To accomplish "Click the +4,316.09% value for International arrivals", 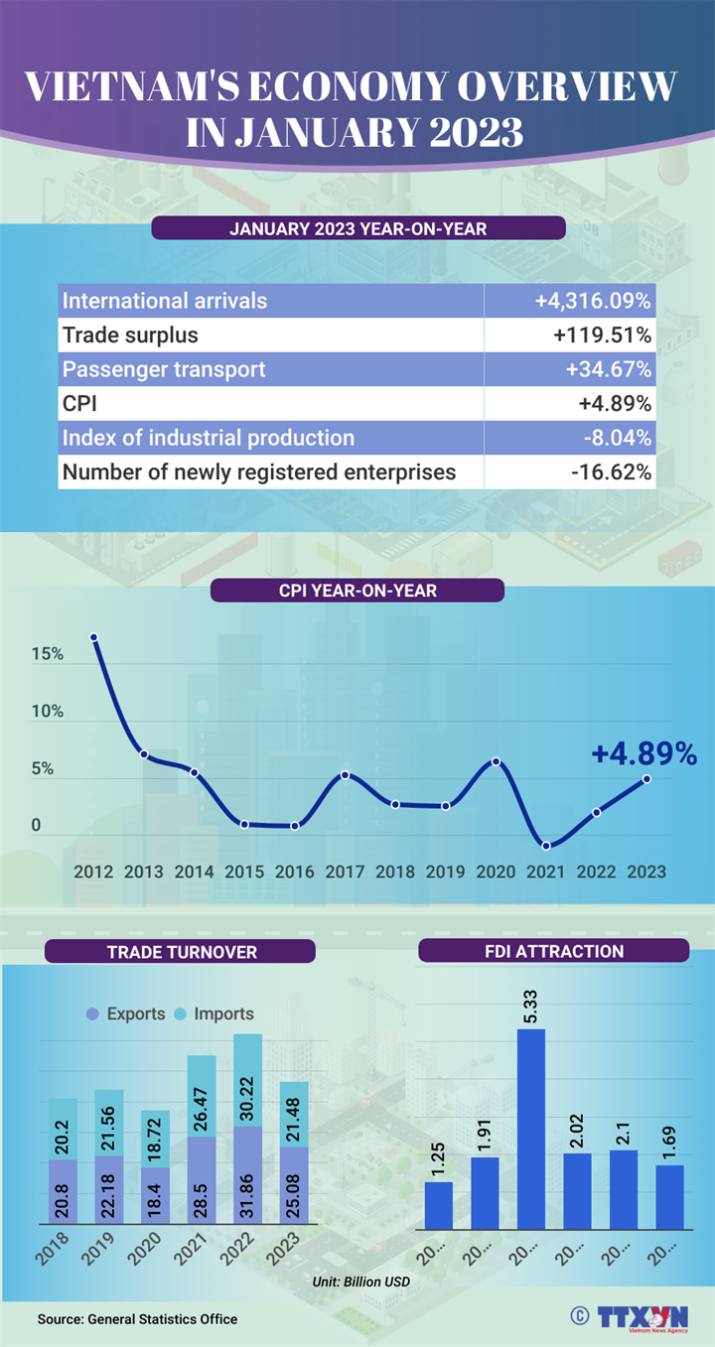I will click(592, 301).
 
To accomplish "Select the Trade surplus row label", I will click(130, 335).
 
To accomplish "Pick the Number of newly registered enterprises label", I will click(259, 471).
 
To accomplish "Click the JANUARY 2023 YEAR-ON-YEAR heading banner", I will click(357, 228).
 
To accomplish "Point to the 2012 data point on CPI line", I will click(94, 637).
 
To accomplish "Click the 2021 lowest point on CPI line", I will click(546, 846).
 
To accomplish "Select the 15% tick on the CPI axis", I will click(47, 655).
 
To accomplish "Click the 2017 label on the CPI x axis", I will click(345, 872).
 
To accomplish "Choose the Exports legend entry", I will click(126, 1013).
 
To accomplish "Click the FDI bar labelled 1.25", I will click(439, 1205).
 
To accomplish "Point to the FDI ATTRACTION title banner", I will click(553, 951).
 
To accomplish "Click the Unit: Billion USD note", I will click(361, 1281).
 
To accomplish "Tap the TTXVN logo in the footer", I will click(642, 1316).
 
